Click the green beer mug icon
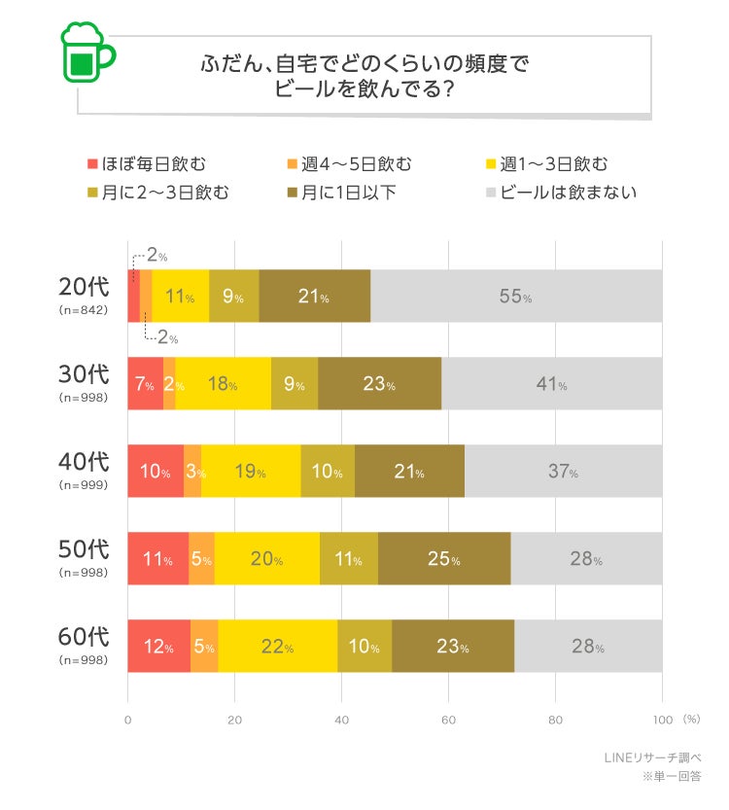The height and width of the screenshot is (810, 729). pos(86,53)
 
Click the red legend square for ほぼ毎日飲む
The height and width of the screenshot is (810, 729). pos(94,163)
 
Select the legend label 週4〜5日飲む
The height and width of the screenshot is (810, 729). pos(357,163)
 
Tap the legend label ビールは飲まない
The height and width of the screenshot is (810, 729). pos(569,192)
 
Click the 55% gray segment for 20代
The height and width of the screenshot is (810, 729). pos(515,297)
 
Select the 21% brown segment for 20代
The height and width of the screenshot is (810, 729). pos(314,297)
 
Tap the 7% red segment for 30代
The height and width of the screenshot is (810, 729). pos(145,384)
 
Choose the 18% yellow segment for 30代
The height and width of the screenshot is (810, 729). pos(223,384)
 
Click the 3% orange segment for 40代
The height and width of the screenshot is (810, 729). pos(192,472)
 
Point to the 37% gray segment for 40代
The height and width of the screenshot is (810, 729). pos(563,472)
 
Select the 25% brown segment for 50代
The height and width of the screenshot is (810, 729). pos(444,559)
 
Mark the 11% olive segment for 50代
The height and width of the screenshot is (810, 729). pos(348,559)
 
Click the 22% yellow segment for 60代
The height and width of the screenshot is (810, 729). pos(277,647)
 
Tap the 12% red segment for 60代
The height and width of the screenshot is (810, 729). pos(158,647)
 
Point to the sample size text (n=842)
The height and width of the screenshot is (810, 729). pos(84,310)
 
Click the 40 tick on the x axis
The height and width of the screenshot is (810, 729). pos(341,721)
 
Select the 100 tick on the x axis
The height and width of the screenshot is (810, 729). pos(662,721)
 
